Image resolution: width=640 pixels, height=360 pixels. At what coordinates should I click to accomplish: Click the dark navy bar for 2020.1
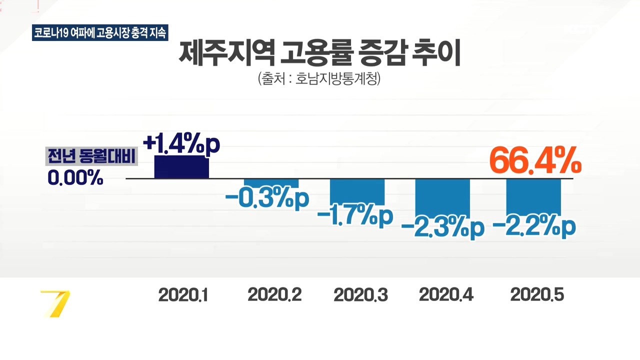[181, 167]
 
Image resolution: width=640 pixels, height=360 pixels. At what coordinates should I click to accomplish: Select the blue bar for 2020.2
[271, 183]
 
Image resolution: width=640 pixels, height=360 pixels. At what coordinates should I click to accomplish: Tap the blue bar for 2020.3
[357, 191]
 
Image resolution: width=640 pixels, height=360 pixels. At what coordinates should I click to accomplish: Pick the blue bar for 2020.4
[443, 198]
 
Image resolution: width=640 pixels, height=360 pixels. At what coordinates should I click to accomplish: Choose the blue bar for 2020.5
[533, 197]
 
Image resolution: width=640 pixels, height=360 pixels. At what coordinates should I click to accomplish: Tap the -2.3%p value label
[442, 228]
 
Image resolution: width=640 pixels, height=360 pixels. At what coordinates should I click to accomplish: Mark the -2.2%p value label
[533, 227]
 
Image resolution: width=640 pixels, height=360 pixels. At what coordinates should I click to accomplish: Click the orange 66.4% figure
[534, 161]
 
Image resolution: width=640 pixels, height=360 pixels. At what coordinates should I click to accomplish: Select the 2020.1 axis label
[183, 295]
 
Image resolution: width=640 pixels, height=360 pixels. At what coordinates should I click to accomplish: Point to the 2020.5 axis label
[537, 295]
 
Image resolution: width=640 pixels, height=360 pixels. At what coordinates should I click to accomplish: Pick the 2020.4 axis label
[446, 295]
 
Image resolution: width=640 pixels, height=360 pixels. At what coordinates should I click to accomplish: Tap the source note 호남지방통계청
[319, 78]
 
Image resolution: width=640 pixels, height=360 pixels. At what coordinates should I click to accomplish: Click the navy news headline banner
[100, 32]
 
